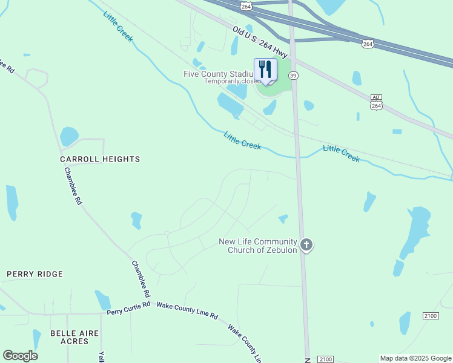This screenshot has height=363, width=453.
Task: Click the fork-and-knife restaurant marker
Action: (265, 70)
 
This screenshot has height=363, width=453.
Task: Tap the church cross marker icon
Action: (306, 244)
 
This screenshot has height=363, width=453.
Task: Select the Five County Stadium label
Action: (218, 74)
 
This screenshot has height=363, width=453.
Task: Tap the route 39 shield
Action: (293, 75)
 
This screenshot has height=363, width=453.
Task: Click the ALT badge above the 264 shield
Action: (376, 97)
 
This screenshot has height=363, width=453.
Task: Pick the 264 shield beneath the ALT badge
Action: (376, 105)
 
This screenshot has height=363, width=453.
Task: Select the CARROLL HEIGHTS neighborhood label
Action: (100, 159)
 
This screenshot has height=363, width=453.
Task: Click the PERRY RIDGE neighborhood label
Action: (35, 274)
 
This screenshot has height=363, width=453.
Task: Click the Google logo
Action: (20, 356)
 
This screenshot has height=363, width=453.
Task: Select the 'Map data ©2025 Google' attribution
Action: (415, 358)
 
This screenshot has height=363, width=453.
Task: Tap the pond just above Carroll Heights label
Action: (69, 136)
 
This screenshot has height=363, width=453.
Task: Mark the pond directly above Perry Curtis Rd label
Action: (102, 299)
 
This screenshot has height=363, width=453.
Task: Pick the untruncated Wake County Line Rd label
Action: (187, 310)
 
